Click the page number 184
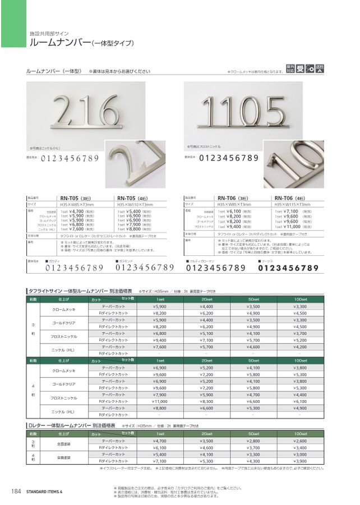[16, 492]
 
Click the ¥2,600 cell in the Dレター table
[300, 442]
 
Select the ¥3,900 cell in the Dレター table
[300, 461]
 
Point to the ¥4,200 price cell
[300, 347]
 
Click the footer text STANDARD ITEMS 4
[44, 492]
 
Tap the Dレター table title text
[67, 426]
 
